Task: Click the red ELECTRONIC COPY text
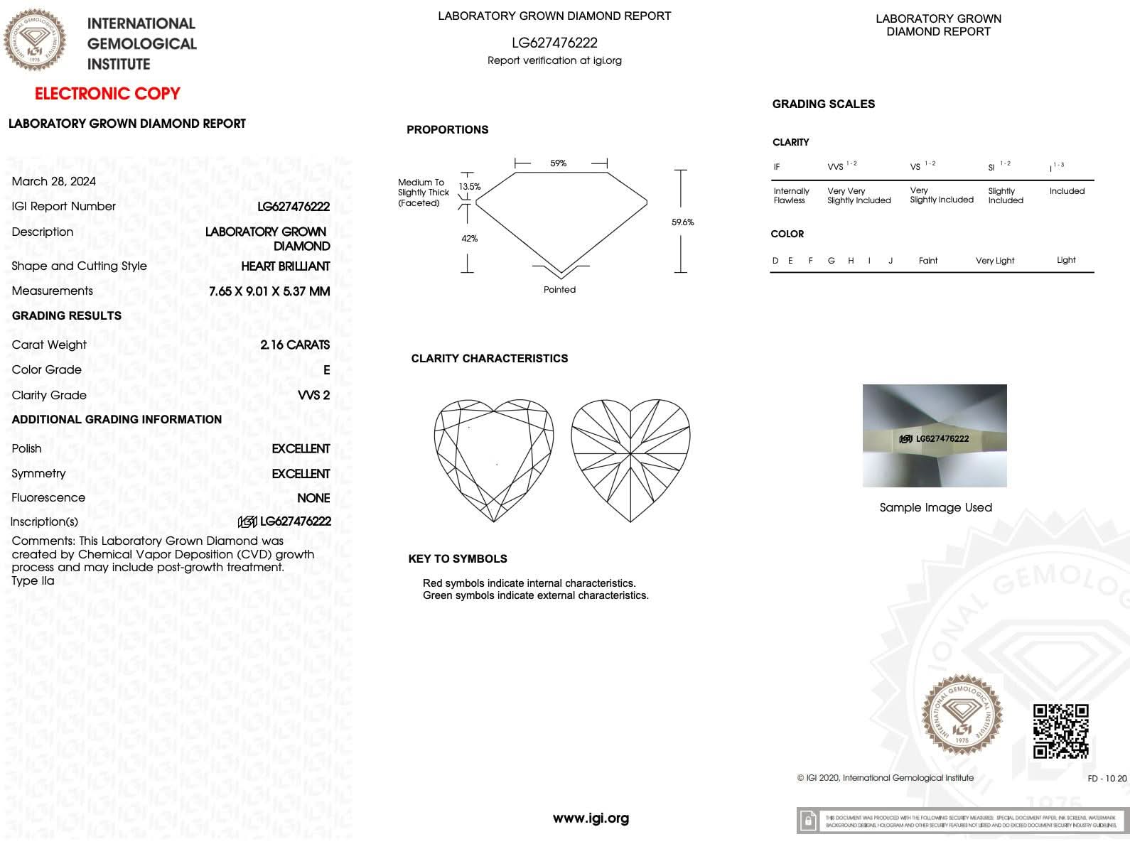click(x=107, y=94)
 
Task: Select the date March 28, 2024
click(x=53, y=181)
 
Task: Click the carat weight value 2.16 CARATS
click(x=295, y=345)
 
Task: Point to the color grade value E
click(x=326, y=370)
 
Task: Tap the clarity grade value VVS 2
click(x=313, y=395)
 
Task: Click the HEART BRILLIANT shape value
click(x=286, y=266)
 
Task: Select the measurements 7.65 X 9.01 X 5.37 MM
click(x=269, y=291)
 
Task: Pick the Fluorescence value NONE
click(x=313, y=498)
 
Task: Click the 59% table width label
click(x=559, y=163)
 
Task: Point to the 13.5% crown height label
click(x=469, y=187)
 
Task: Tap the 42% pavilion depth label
click(x=469, y=239)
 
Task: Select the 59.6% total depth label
click(x=682, y=222)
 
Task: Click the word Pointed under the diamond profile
click(x=559, y=290)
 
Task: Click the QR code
click(x=1060, y=731)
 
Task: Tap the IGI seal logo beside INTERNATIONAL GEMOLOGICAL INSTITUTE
click(x=36, y=40)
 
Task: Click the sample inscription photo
click(x=935, y=435)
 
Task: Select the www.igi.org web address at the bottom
click(x=591, y=818)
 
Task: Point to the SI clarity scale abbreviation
click(x=991, y=168)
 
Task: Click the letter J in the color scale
click(x=890, y=261)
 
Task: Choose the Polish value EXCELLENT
click(x=301, y=449)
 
